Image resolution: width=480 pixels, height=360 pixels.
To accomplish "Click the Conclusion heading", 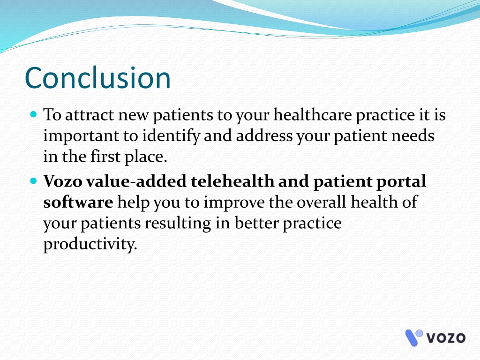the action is click(x=97, y=78).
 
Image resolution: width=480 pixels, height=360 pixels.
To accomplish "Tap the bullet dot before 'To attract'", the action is click(x=34, y=114).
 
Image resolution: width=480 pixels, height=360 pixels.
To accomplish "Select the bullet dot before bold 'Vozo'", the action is click(x=34, y=181).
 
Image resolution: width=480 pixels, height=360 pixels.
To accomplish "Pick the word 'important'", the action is click(x=81, y=136).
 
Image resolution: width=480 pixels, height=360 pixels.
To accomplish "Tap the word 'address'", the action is click(x=264, y=135).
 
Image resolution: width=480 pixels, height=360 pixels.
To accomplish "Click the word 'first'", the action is click(x=105, y=157).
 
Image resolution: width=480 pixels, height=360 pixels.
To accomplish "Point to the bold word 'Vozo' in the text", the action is click(x=63, y=181).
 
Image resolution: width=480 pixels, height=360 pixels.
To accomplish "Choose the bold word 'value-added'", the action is click(x=136, y=181).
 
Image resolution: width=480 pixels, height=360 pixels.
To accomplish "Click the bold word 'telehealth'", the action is click(x=232, y=181).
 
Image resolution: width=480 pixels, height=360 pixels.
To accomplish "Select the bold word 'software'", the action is click(x=78, y=202).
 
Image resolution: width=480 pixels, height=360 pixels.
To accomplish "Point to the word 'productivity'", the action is click(x=90, y=244).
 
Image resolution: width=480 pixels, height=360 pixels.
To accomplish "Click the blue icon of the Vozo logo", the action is click(x=413, y=337).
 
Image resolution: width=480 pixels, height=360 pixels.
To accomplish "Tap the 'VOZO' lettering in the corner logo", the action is click(x=446, y=337).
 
